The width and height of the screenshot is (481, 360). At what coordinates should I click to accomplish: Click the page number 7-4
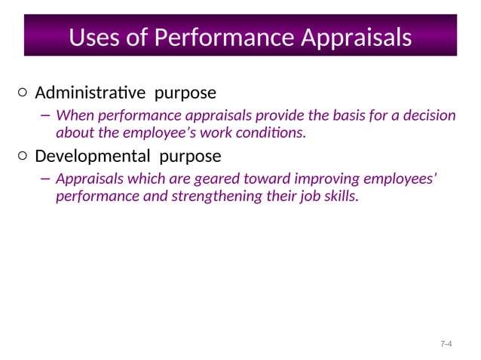click(446, 344)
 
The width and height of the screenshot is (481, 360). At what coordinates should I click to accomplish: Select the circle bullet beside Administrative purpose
click(23, 93)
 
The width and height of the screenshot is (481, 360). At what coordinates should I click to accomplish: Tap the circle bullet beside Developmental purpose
click(23, 157)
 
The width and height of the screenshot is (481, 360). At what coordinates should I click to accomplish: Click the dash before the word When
click(45, 116)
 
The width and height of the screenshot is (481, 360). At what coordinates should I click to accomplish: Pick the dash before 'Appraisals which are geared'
click(45, 179)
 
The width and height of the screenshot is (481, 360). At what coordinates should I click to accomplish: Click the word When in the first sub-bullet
click(73, 116)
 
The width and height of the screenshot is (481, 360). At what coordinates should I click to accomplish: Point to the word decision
click(430, 116)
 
